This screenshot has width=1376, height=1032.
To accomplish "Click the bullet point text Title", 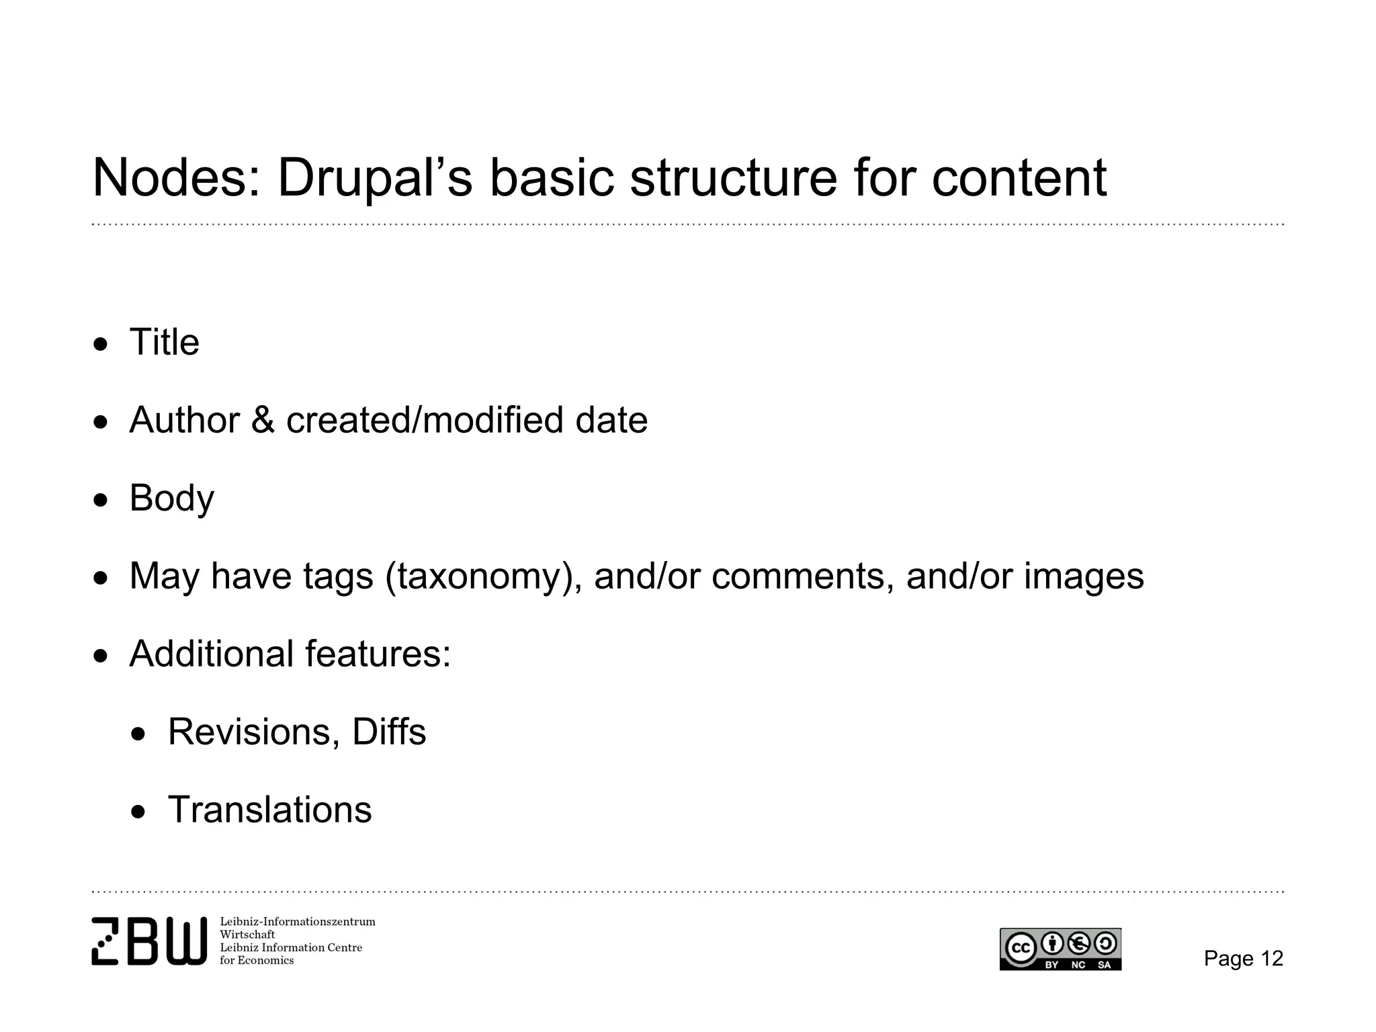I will (164, 342).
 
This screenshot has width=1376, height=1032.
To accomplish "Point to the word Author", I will (184, 420).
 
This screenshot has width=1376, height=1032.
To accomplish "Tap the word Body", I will (171, 499).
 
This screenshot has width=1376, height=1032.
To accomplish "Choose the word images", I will (1083, 576).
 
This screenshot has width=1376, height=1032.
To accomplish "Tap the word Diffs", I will (389, 732).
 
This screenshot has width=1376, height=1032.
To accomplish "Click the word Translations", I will (269, 810).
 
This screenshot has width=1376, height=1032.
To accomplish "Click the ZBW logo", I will (149, 941).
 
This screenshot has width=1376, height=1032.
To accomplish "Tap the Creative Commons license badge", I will (1060, 949).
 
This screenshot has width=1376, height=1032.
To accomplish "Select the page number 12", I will (1272, 958).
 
